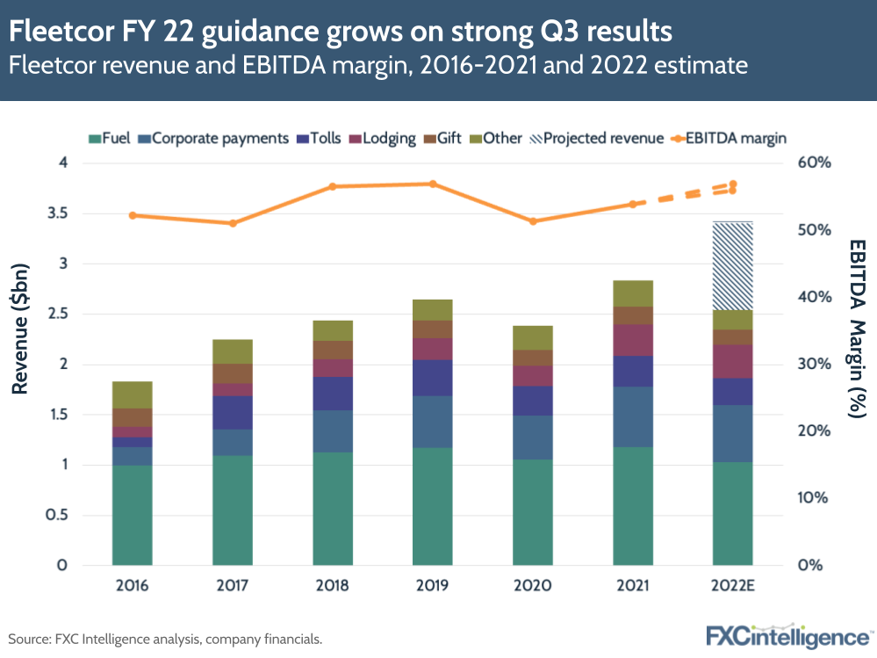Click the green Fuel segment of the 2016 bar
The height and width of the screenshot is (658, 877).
pos(132,515)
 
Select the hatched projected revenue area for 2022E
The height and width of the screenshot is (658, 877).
pos(733,265)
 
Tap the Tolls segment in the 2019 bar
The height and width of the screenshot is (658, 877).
pos(433,378)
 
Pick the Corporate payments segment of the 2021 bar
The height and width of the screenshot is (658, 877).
pos(633,416)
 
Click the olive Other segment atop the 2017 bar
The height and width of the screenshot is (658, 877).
pos(232,351)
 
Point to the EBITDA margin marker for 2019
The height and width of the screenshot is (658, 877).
pos(433,184)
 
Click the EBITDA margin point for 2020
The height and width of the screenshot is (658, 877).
pos(533,221)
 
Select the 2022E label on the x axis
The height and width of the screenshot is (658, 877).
pos(733,586)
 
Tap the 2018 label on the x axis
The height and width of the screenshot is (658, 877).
pos(333,586)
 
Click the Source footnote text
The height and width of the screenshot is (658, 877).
pos(165,639)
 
